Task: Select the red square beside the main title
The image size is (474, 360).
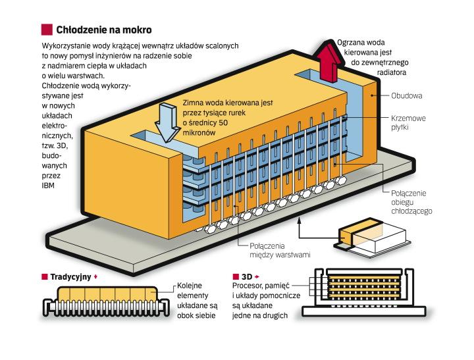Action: [46, 30]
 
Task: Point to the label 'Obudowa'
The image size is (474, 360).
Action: [407, 95]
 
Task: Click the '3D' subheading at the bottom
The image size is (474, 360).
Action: [248, 277]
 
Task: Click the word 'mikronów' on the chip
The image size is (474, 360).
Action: [199, 132]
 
